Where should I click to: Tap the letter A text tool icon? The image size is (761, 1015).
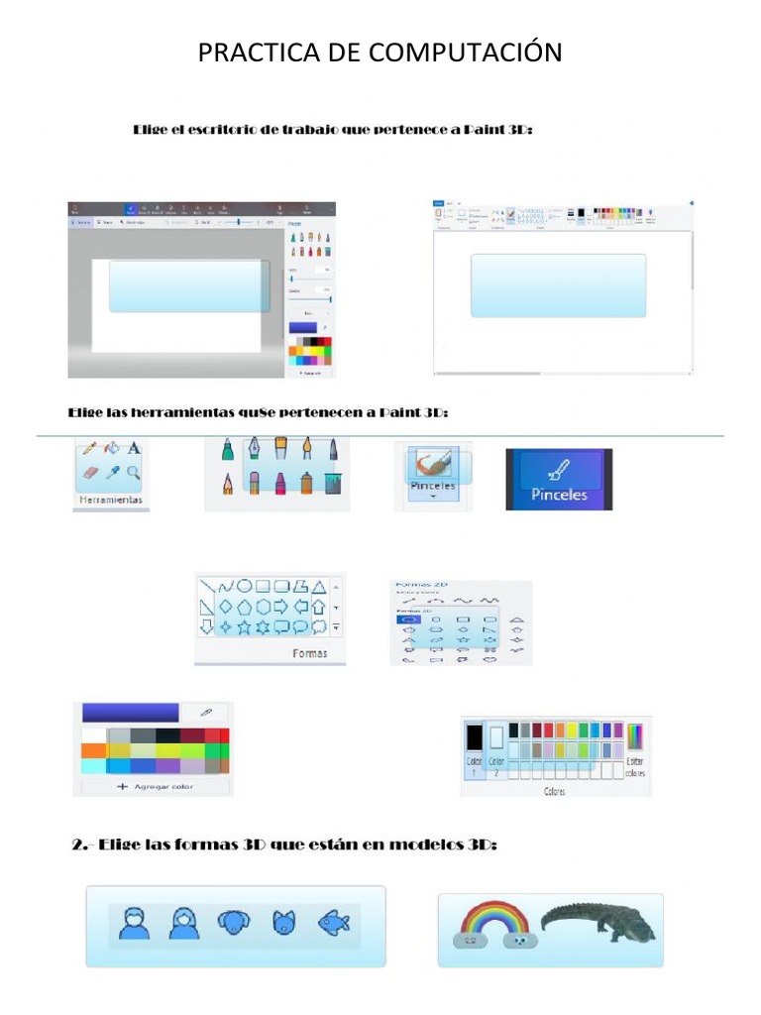(x=134, y=449)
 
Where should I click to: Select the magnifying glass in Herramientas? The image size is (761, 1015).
(x=133, y=474)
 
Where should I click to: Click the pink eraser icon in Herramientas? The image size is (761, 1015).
(x=90, y=474)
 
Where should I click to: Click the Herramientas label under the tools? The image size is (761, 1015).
(x=110, y=500)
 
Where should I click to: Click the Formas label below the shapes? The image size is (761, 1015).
(x=309, y=653)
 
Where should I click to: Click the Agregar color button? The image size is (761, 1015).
(x=155, y=786)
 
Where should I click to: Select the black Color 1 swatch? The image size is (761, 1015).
(x=474, y=737)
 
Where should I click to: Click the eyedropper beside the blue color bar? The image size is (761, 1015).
(x=205, y=712)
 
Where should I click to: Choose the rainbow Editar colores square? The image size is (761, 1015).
(x=635, y=736)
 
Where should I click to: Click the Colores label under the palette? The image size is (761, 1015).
(x=555, y=792)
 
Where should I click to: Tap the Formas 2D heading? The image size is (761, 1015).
(x=416, y=586)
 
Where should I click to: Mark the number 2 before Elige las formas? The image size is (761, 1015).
(x=78, y=846)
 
